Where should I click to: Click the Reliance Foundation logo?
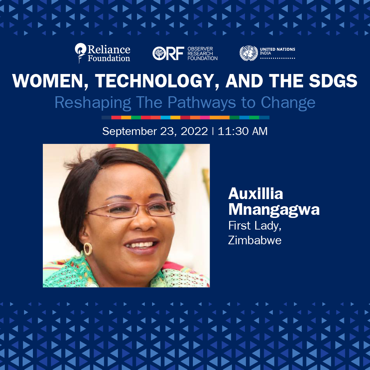(x=102, y=53)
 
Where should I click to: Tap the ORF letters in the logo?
(x=168, y=53)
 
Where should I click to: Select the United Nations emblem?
(x=249, y=53)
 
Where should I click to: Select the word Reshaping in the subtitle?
(x=93, y=103)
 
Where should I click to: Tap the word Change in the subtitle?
(x=288, y=103)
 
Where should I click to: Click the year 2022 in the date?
(x=194, y=131)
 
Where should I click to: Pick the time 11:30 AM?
(x=243, y=131)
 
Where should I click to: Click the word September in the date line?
(x=129, y=132)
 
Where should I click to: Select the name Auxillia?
(x=256, y=194)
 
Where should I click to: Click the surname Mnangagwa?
(x=274, y=210)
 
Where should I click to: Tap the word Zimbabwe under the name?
(x=255, y=240)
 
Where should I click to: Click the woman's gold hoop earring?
(x=88, y=249)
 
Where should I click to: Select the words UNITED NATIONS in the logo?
(x=277, y=49)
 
